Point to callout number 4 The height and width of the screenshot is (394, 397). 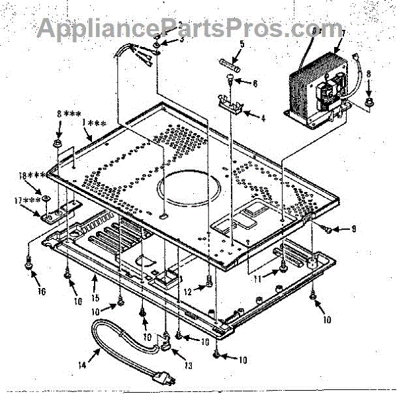point(263,119)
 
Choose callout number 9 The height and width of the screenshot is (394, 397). point(354,229)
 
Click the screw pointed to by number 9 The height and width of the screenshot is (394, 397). point(326,228)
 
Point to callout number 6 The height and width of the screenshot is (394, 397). point(255,84)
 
